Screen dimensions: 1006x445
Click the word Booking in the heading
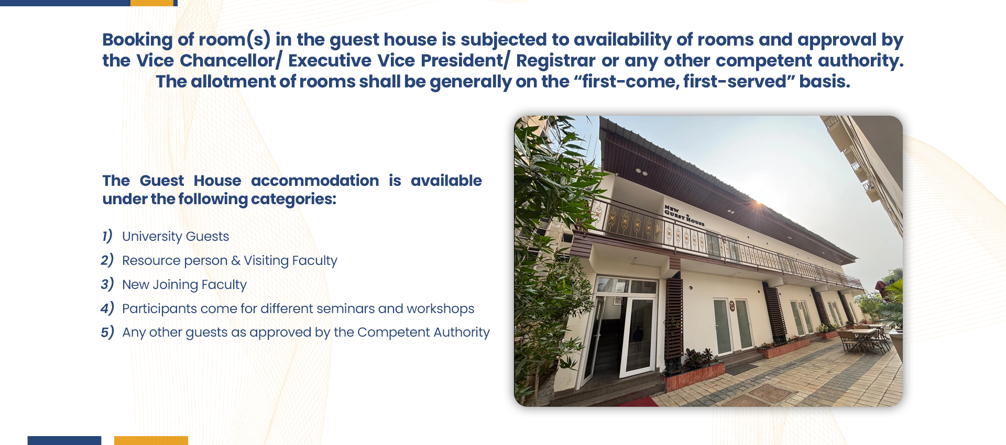137,40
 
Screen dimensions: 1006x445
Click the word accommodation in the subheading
315,181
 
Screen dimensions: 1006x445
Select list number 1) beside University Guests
107,236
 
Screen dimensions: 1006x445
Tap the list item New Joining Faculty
184,285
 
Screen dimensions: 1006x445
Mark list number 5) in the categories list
107,332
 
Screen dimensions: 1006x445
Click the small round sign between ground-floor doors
732,306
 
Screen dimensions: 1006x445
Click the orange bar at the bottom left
151,440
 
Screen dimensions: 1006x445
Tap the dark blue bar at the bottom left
64,440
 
